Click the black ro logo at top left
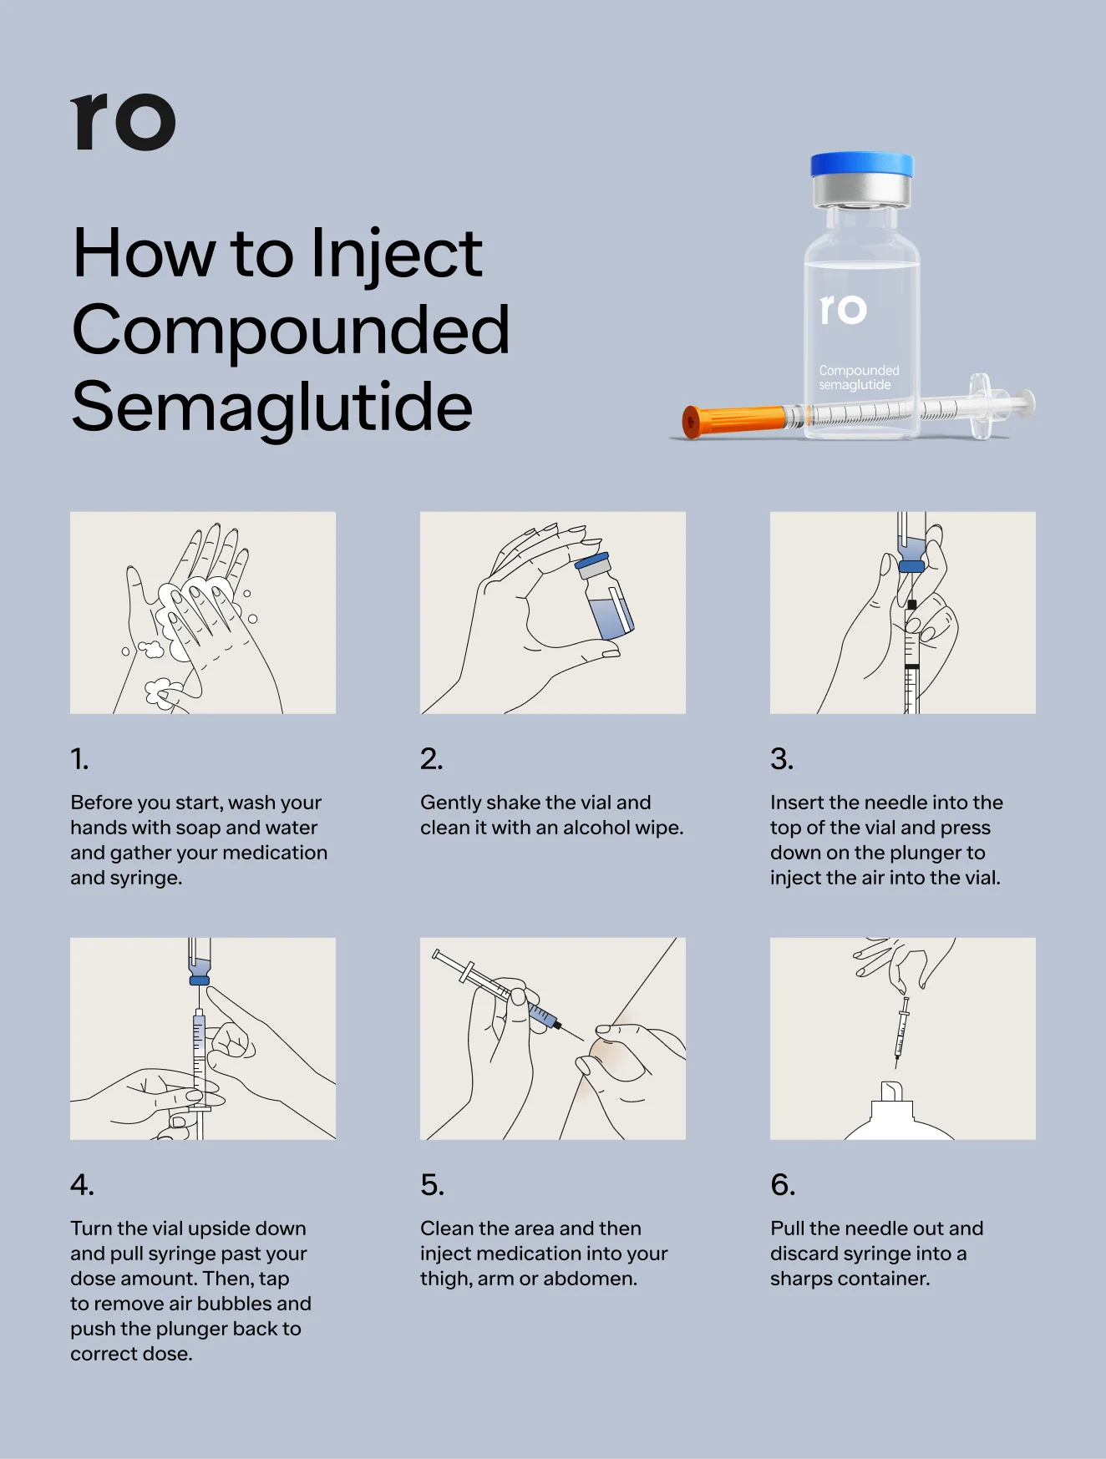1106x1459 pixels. pyautogui.click(x=123, y=123)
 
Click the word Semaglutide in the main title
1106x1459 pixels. pyautogui.click(x=272, y=407)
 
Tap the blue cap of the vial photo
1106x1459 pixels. pyautogui.click(x=861, y=165)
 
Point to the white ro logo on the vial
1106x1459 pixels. pyautogui.click(x=843, y=309)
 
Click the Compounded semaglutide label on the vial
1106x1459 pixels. pyautogui.click(x=858, y=377)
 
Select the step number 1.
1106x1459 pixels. pyautogui.click(x=79, y=759)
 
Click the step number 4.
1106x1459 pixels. pyautogui.click(x=82, y=1185)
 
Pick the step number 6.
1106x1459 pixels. pyautogui.click(x=783, y=1185)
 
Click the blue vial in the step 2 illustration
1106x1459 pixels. pyautogui.click(x=606, y=598)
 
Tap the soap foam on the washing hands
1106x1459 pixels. pyautogui.click(x=196, y=595)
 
